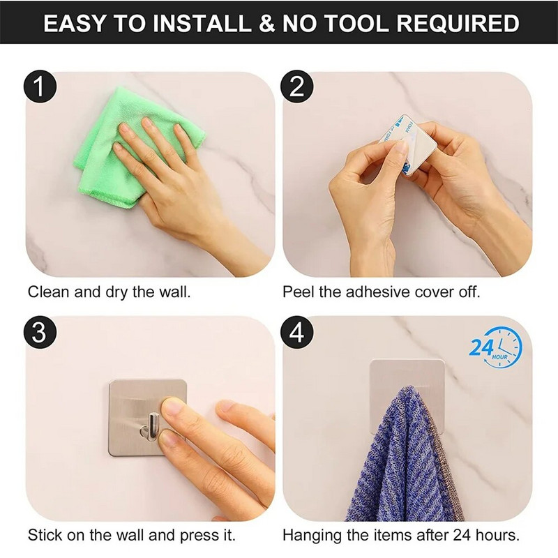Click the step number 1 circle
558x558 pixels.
pyautogui.click(x=40, y=86)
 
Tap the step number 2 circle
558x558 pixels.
pyautogui.click(x=297, y=86)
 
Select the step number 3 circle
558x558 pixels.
pyautogui.click(x=40, y=332)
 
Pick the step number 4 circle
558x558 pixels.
pyautogui.click(x=297, y=332)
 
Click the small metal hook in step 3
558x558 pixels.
pyautogui.click(x=150, y=426)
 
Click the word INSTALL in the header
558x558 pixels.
pyautogui.click(x=202, y=23)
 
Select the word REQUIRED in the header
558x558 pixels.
pyautogui.click(x=458, y=23)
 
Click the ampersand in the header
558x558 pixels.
pyautogui.click(x=267, y=23)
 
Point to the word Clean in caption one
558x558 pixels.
pyautogui.click(x=48, y=292)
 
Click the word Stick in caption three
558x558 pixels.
pyautogui.click(x=43, y=535)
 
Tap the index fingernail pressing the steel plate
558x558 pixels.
pyautogui.click(x=173, y=407)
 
